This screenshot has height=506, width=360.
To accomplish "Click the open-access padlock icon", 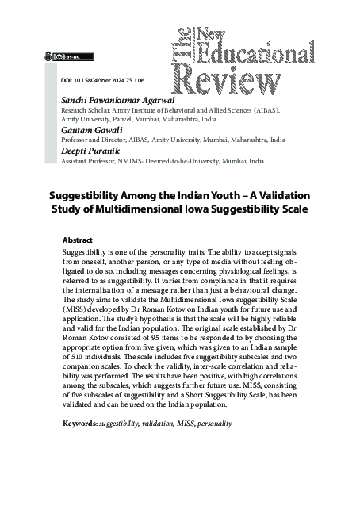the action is coord(51,56).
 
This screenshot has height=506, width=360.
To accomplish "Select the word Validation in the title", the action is coord(274,195).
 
